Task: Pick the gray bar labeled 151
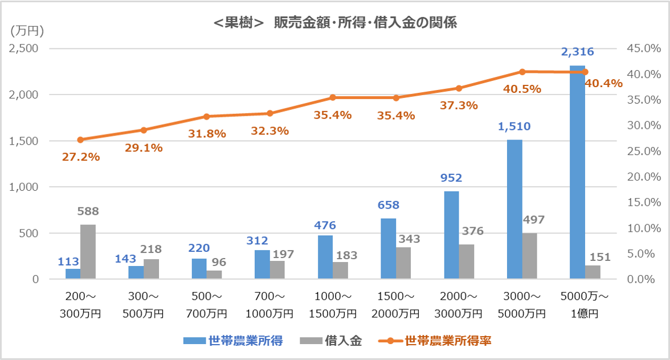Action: pos(593,272)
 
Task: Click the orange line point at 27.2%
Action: pos(80,140)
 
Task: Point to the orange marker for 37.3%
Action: pos(459,88)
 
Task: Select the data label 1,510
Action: pos(514,126)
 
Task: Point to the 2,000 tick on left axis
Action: pos(23,95)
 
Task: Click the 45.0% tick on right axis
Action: pos(642,48)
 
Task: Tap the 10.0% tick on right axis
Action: pos(642,228)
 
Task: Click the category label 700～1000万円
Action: pos(269,306)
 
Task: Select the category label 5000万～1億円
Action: pos(585,306)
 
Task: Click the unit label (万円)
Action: pos(27,30)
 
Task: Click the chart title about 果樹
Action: pos(334,23)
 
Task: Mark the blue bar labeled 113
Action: pos(73,274)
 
